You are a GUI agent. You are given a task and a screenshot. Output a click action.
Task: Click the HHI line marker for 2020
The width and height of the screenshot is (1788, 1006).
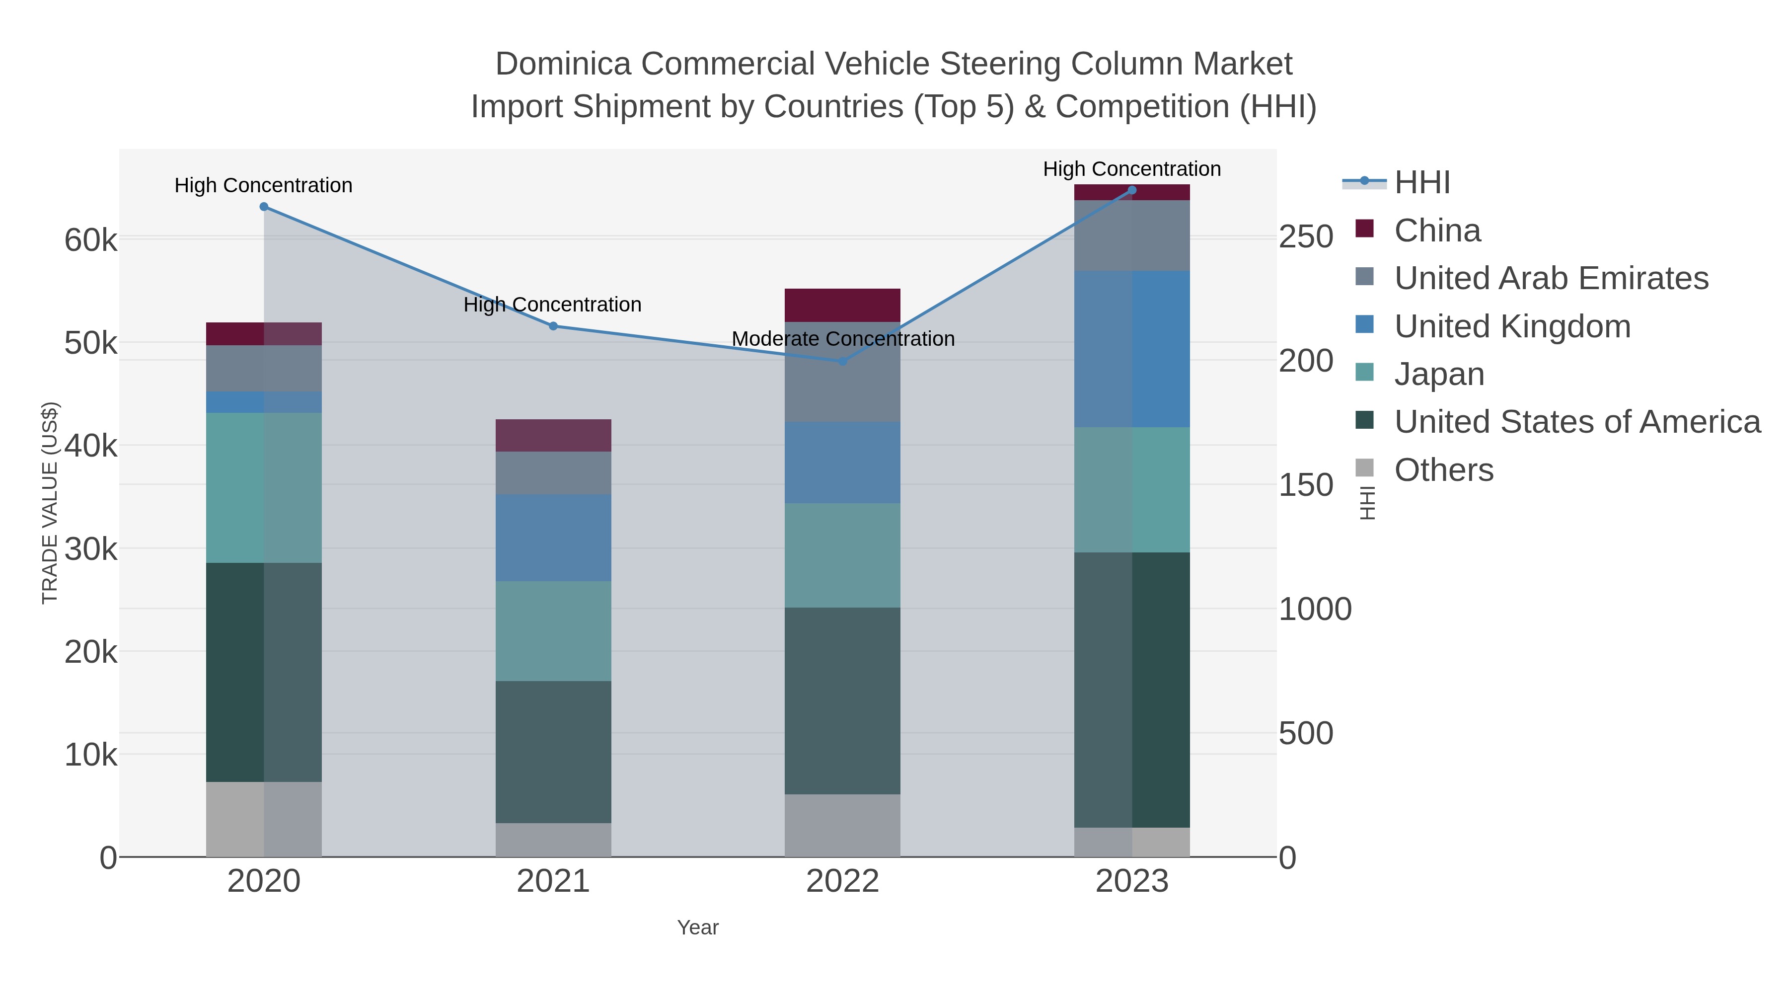pyautogui.click(x=264, y=207)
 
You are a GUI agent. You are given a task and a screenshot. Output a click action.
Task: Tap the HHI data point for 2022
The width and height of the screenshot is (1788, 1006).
pyautogui.click(x=843, y=361)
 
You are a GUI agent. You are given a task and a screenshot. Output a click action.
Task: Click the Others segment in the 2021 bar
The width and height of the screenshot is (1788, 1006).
pyautogui.click(x=553, y=840)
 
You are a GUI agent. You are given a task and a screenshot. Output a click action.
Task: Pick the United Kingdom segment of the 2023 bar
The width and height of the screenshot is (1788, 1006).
pyautogui.click(x=1131, y=349)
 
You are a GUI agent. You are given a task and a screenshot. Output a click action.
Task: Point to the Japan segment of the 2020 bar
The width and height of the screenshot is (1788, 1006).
pyautogui.click(x=264, y=487)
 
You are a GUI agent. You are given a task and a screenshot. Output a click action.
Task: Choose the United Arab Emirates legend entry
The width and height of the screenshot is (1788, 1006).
pyautogui.click(x=1551, y=278)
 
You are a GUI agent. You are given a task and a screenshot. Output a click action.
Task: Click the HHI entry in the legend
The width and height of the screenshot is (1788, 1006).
pyautogui.click(x=1421, y=183)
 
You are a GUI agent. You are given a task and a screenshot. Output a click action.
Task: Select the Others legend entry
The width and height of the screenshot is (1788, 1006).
pyautogui.click(x=1443, y=470)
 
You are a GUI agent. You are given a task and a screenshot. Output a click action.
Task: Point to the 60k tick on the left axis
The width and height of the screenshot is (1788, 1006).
pyautogui.click(x=91, y=241)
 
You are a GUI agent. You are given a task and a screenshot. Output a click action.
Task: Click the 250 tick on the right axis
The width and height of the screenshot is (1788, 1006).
pyautogui.click(x=1306, y=237)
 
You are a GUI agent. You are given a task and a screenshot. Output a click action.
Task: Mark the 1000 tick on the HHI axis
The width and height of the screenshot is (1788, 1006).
pyautogui.click(x=1315, y=610)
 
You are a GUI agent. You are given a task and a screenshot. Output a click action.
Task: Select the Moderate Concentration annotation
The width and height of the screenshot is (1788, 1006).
pyautogui.click(x=843, y=339)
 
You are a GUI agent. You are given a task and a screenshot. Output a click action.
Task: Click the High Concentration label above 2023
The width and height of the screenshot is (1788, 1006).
pyautogui.click(x=1131, y=169)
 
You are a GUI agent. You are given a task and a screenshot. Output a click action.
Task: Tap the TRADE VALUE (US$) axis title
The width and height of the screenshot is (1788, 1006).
pyautogui.click(x=50, y=503)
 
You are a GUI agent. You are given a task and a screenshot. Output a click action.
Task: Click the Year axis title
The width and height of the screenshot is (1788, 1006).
pyautogui.click(x=698, y=928)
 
